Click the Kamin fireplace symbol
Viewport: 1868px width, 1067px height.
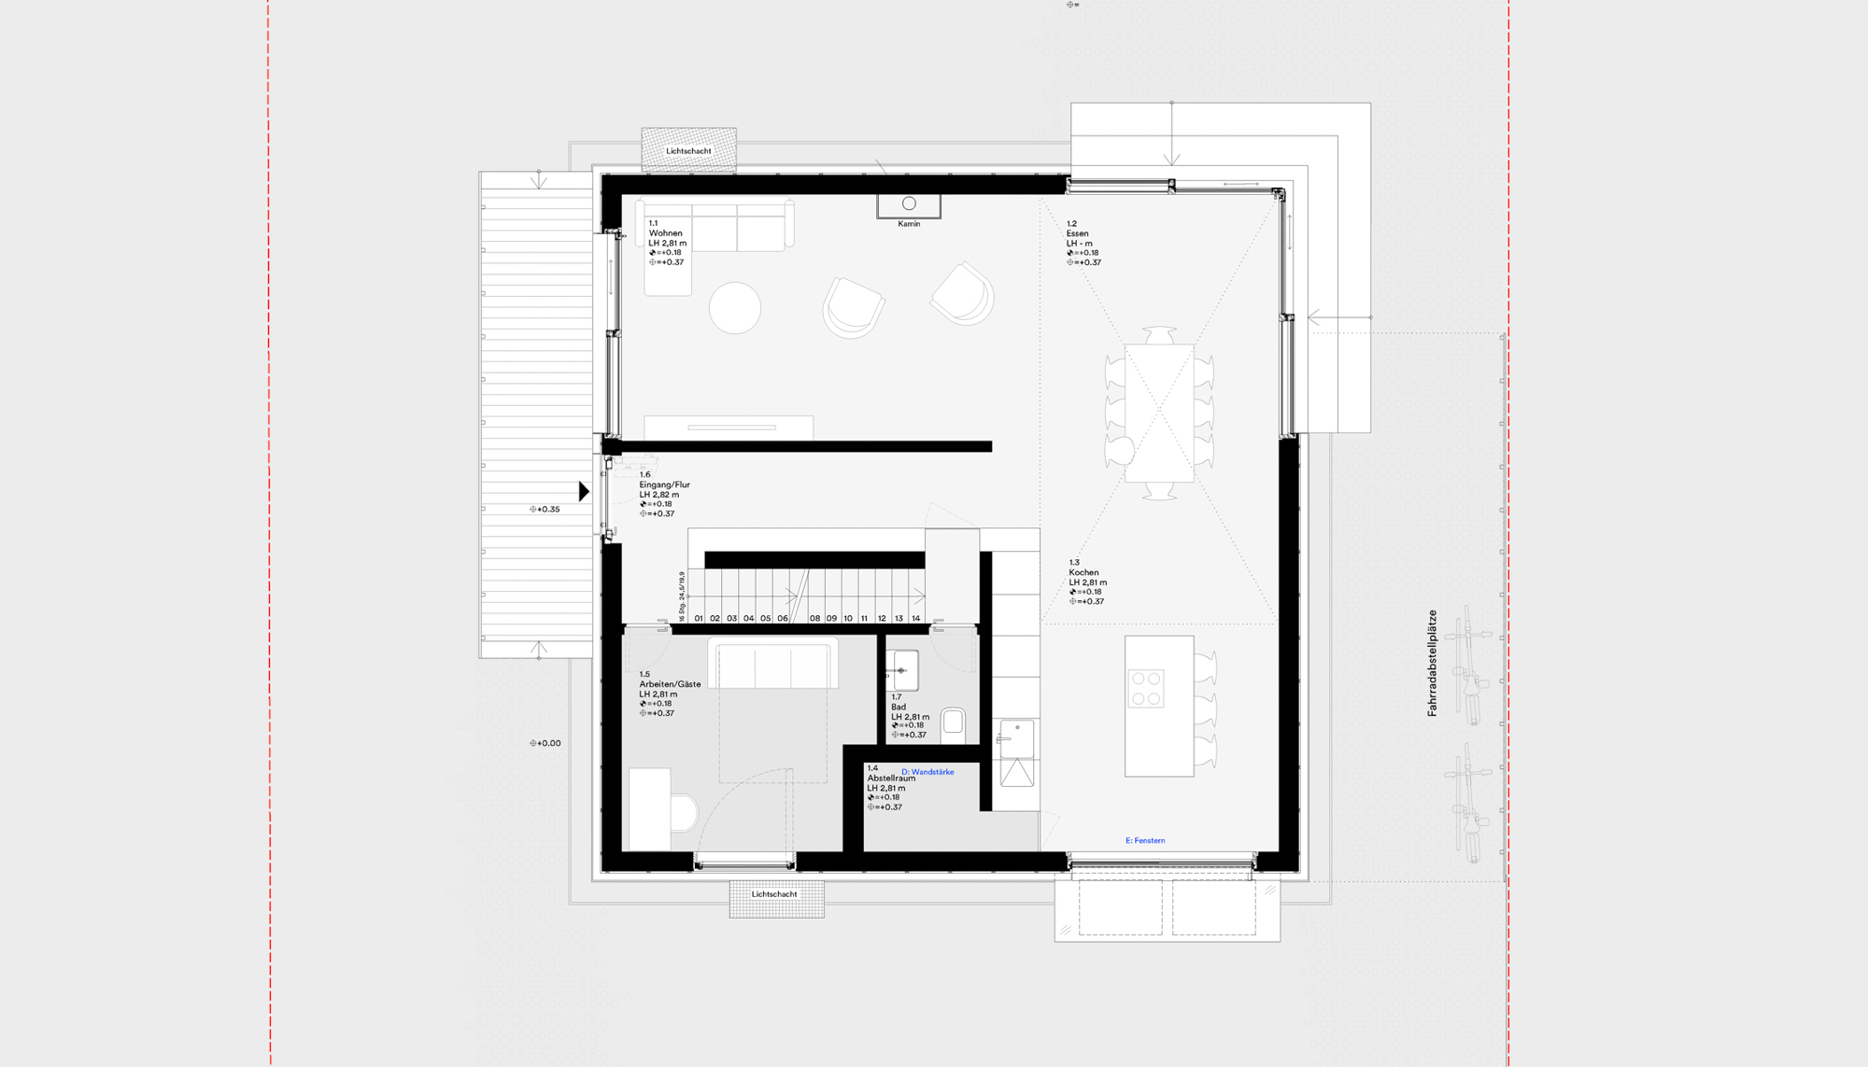pyautogui.click(x=909, y=204)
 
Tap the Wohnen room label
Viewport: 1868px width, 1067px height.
pyautogui.click(x=665, y=233)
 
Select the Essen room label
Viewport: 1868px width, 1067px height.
pyautogui.click(x=1077, y=233)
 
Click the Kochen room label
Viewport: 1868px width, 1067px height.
pyautogui.click(x=1083, y=572)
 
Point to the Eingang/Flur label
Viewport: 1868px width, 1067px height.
pyautogui.click(x=664, y=484)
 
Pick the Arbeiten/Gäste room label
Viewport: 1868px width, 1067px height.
pyautogui.click(x=670, y=684)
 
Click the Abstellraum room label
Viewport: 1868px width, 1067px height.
pyautogui.click(x=891, y=779)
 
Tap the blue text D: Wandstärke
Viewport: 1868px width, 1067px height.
pyautogui.click(x=927, y=772)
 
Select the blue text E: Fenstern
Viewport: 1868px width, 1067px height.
pyautogui.click(x=1145, y=840)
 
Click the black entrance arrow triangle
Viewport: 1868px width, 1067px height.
pyautogui.click(x=584, y=491)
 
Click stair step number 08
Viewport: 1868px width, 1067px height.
pyautogui.click(x=814, y=618)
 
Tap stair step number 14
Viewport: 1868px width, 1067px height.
pyautogui.click(x=915, y=618)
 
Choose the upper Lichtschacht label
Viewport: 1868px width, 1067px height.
pyautogui.click(x=688, y=151)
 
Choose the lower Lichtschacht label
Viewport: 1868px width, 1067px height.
pyautogui.click(x=774, y=894)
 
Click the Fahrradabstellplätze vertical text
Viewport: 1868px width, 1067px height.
pyautogui.click(x=1432, y=663)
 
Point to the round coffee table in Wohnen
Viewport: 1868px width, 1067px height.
pyautogui.click(x=735, y=308)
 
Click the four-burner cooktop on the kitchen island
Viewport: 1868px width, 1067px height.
pyautogui.click(x=1146, y=689)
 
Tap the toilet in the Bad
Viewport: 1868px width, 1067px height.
pyautogui.click(x=953, y=722)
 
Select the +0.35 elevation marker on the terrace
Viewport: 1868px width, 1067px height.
pyautogui.click(x=545, y=510)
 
